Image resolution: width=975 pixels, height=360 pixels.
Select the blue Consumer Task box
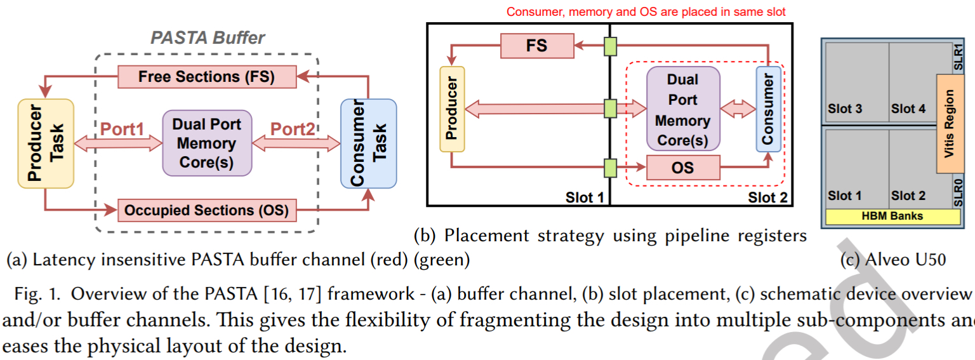(x=368, y=143)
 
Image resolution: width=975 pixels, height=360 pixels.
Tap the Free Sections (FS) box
(x=207, y=77)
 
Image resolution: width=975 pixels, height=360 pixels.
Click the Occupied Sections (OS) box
(x=207, y=210)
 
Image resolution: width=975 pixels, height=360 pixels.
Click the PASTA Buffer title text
(x=208, y=37)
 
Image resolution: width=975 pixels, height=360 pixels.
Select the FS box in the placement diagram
(x=537, y=46)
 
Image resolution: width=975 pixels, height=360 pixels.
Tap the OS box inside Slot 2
(x=683, y=168)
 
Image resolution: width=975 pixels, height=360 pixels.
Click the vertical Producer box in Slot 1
(x=452, y=109)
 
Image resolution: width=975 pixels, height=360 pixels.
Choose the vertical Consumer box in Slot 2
(x=768, y=109)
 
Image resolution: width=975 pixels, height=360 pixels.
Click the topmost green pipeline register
(x=610, y=46)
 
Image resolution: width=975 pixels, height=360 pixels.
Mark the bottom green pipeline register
(x=610, y=168)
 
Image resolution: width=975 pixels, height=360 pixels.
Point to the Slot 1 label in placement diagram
(x=584, y=198)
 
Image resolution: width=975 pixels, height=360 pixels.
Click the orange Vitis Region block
(x=950, y=123)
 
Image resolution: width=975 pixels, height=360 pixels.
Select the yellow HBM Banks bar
(x=892, y=216)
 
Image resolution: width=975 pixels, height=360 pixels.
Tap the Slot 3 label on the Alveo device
(x=845, y=109)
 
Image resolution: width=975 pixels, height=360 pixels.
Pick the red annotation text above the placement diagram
(x=646, y=11)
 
